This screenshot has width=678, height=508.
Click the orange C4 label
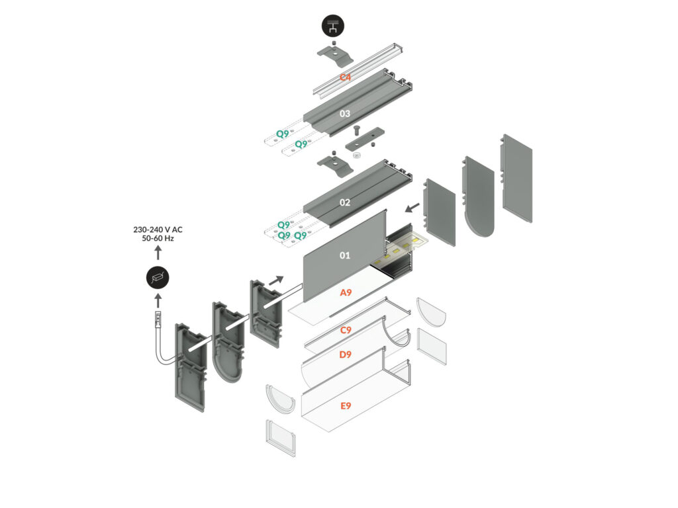tap(345, 78)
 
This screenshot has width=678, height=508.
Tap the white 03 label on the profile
tap(345, 114)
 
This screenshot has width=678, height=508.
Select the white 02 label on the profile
tap(345, 202)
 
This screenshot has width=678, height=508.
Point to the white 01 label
tap(345, 255)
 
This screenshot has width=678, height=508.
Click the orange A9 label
tap(345, 292)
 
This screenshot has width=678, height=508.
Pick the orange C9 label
tap(345, 330)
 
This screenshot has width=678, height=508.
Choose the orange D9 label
tap(345, 355)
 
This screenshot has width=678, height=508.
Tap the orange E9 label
tap(345, 405)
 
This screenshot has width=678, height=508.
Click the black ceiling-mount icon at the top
tap(332, 26)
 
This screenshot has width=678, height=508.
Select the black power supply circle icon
tap(158, 278)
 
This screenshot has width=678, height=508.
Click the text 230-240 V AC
tap(158, 230)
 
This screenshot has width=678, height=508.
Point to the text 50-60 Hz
tap(158, 238)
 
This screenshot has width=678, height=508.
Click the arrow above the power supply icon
tap(158, 253)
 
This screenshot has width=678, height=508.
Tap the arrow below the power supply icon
tap(158, 302)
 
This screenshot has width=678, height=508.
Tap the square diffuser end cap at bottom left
tap(281, 437)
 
